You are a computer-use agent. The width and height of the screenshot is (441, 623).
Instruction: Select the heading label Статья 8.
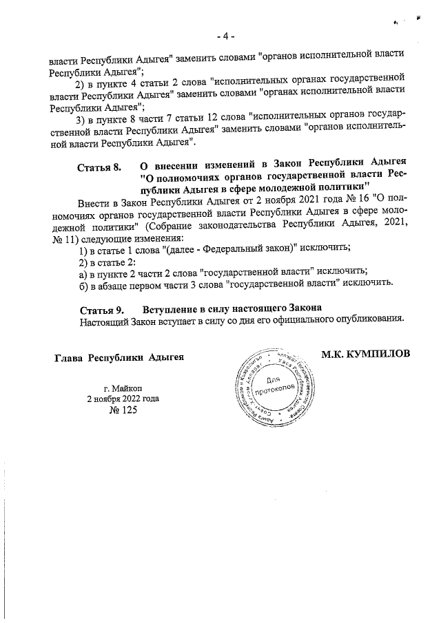(99, 167)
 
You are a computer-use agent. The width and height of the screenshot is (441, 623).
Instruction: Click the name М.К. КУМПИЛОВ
(365, 353)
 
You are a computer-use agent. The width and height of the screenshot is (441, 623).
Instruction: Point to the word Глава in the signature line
(69, 357)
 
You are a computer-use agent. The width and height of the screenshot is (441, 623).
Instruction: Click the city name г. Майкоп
(123, 388)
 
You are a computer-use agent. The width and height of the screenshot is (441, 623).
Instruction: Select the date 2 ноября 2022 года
(123, 399)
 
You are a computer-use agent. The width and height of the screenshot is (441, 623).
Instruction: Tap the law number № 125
(123, 410)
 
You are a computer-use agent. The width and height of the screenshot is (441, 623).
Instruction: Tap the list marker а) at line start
(84, 271)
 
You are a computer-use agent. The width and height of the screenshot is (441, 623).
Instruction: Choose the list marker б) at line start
(84, 282)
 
